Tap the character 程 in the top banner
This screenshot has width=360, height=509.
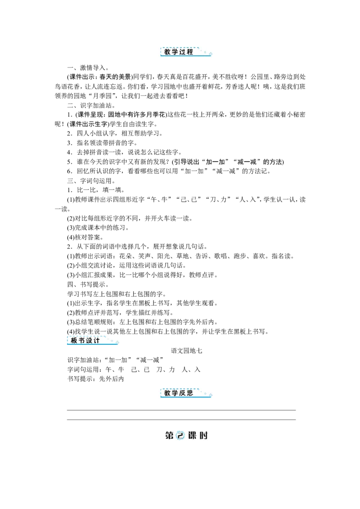(189, 52)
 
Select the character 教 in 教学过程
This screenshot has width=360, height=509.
(167, 52)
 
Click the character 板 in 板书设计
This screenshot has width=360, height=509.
(74, 340)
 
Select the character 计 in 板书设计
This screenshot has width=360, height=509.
(97, 340)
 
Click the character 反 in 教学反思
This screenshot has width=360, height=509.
(182, 393)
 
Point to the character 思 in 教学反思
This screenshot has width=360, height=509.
(189, 393)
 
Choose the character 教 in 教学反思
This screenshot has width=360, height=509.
(167, 393)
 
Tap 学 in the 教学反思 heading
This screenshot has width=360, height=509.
(175, 393)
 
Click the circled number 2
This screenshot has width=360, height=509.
(180, 436)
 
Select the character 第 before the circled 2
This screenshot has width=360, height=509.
(170, 436)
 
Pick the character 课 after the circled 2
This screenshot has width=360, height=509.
(192, 436)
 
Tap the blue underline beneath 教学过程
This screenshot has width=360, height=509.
(184, 58)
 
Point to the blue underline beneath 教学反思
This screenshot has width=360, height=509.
(184, 397)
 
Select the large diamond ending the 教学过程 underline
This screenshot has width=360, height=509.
(211, 57)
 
